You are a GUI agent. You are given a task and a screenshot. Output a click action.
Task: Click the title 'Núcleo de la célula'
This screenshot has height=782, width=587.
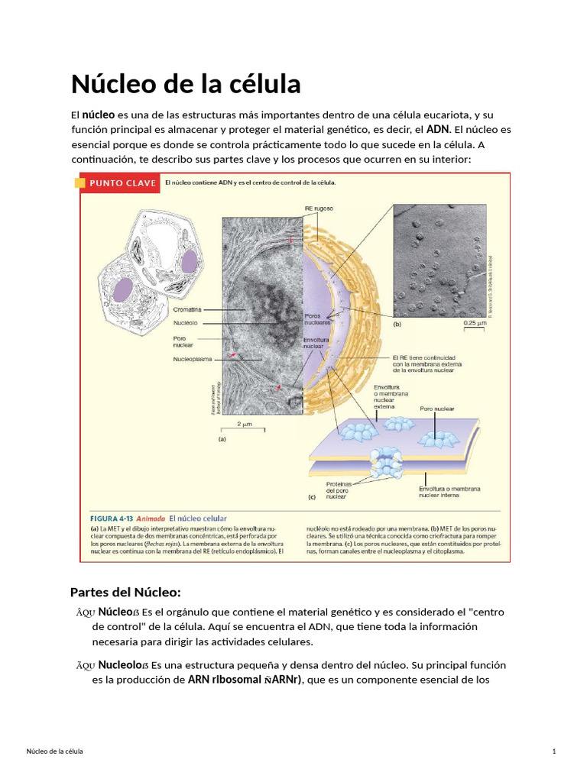tap(186, 83)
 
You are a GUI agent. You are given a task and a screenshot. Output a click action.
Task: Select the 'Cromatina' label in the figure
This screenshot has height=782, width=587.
tap(187, 309)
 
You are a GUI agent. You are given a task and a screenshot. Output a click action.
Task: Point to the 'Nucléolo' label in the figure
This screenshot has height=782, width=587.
tap(186, 322)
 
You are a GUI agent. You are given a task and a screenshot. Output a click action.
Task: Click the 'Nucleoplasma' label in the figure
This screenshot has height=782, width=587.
tap(192, 358)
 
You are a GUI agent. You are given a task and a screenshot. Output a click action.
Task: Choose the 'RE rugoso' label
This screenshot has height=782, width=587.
tap(319, 208)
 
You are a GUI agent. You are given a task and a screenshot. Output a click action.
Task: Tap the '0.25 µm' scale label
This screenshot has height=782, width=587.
tap(474, 323)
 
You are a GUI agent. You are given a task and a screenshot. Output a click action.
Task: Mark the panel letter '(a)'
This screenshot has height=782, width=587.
tap(222, 439)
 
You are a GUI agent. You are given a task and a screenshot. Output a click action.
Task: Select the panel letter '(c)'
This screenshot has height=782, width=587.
tap(311, 496)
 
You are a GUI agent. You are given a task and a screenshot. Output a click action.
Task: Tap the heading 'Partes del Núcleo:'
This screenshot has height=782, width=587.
tap(125, 592)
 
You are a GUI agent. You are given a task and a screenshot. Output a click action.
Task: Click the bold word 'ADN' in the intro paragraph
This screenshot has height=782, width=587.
tap(438, 129)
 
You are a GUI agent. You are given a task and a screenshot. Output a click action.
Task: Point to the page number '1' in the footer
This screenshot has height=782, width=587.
tap(553, 752)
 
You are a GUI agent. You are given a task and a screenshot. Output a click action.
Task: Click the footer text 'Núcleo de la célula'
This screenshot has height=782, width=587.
tap(55, 752)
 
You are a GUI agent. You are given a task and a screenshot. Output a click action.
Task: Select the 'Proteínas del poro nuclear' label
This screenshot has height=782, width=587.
tap(339, 489)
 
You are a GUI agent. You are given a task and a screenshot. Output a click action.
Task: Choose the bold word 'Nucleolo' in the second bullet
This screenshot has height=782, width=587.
tap(118, 665)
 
